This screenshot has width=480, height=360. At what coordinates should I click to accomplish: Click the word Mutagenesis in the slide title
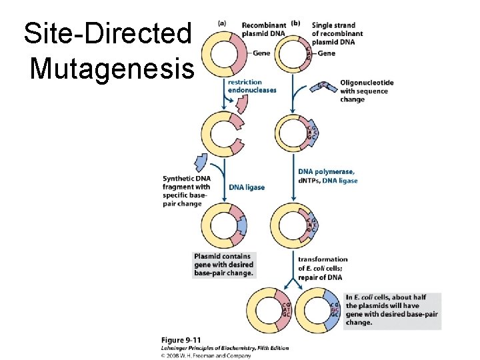point(112,67)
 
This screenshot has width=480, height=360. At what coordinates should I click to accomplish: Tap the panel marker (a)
point(222,22)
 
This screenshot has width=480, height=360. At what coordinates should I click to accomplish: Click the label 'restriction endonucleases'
point(251,86)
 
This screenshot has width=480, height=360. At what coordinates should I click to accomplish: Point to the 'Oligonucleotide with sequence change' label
point(367,91)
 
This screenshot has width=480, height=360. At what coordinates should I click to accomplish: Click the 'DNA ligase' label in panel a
point(247,187)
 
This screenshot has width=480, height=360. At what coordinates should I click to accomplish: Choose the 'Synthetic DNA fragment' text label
point(186,191)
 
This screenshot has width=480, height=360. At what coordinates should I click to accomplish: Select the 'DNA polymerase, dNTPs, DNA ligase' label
point(327,176)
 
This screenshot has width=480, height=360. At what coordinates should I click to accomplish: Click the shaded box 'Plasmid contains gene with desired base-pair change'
point(223,264)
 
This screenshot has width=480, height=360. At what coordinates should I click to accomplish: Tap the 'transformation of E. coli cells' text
point(323,268)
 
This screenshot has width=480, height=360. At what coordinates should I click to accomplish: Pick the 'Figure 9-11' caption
point(180,340)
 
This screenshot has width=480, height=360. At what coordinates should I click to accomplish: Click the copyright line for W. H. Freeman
point(206,356)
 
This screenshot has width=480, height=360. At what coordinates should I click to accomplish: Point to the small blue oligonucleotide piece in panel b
point(323,85)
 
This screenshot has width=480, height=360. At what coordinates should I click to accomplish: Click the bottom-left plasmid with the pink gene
point(269,310)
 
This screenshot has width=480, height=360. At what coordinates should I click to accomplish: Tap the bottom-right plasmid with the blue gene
point(319,310)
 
